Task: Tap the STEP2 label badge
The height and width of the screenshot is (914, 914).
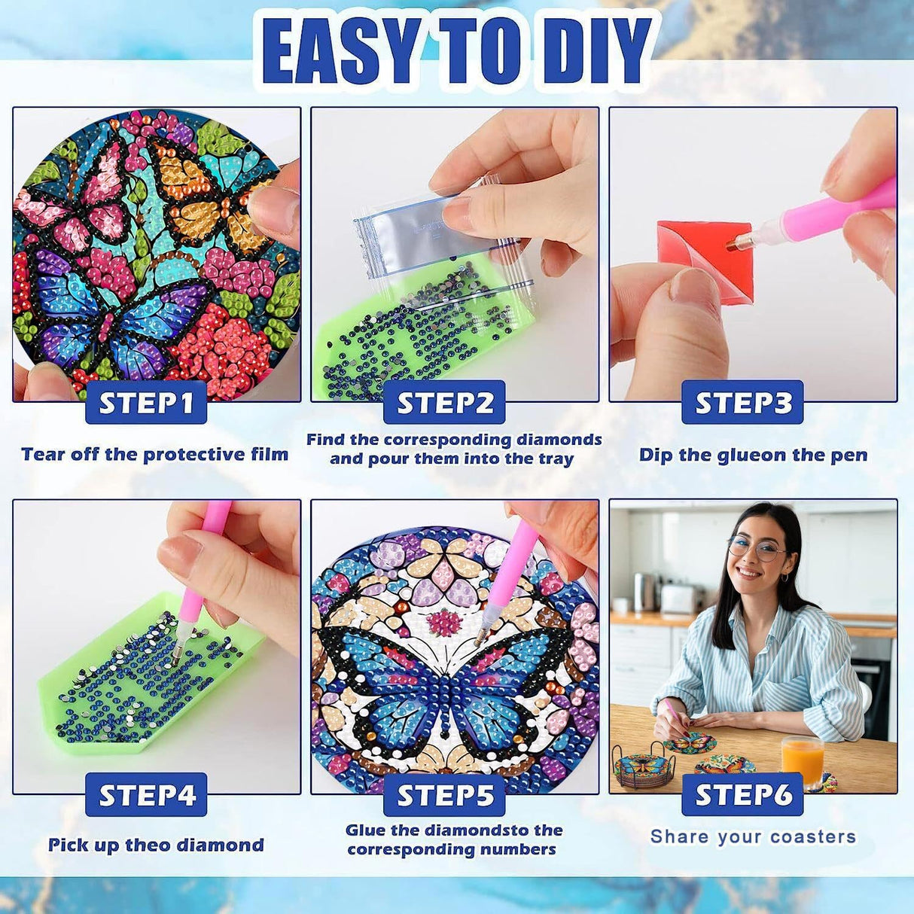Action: click(444, 403)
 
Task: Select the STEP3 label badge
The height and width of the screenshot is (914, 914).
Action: click(742, 403)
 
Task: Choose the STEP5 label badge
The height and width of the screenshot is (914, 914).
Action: click(444, 795)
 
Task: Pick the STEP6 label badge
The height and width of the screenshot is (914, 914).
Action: click(742, 795)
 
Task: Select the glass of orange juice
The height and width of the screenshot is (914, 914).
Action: click(802, 760)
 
